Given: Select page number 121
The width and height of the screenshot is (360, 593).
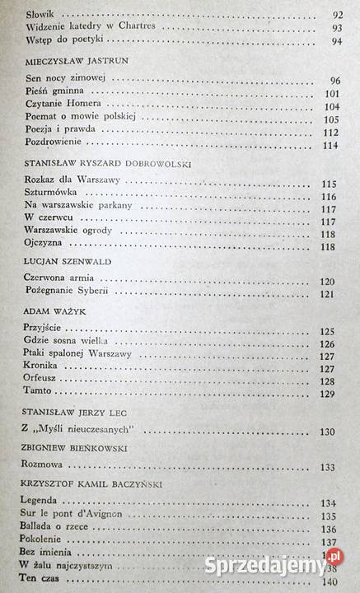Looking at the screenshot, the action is (x=326, y=294).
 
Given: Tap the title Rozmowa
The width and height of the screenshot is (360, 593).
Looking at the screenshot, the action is (x=43, y=467).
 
